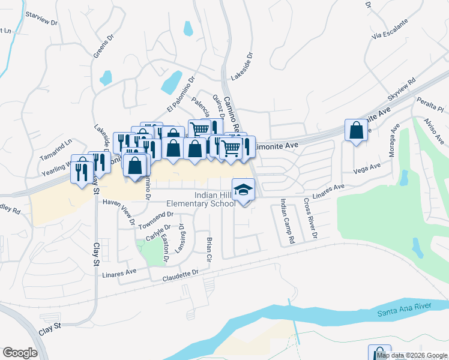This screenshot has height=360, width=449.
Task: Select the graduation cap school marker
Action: (x=243, y=191)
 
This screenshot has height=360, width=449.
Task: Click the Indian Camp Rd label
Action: (x=287, y=224)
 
